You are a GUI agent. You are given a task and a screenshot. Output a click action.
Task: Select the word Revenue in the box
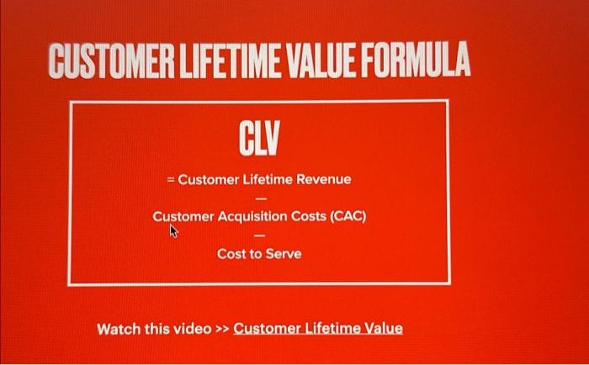tap(322, 179)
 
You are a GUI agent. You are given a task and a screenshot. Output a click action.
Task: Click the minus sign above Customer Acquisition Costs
tap(259, 198)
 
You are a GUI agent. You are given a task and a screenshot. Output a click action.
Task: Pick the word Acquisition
tap(253, 216)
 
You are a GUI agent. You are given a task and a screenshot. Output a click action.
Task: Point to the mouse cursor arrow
tap(174, 230)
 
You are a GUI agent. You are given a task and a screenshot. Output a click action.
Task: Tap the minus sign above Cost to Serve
tap(259, 235)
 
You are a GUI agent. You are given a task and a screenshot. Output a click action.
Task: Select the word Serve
tap(284, 253)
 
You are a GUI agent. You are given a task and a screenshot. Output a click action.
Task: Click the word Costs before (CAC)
tap(309, 216)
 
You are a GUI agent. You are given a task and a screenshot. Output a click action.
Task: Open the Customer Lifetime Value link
tap(318, 328)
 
